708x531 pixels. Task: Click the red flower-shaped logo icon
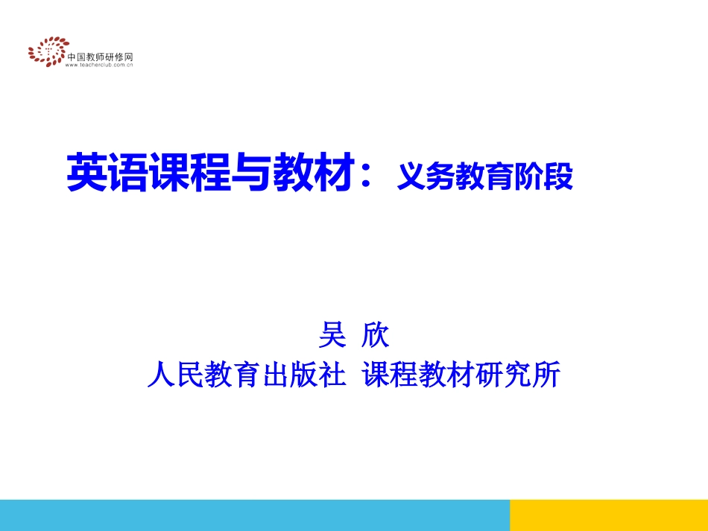(x=46, y=52)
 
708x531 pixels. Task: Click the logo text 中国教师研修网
(x=101, y=57)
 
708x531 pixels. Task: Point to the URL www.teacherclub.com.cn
(x=99, y=65)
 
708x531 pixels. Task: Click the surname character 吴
(x=332, y=334)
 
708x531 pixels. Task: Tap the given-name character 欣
(x=374, y=334)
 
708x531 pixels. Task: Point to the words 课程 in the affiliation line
(x=382, y=375)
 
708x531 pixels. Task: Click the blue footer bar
(x=253, y=515)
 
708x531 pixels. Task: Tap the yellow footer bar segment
(x=608, y=515)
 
